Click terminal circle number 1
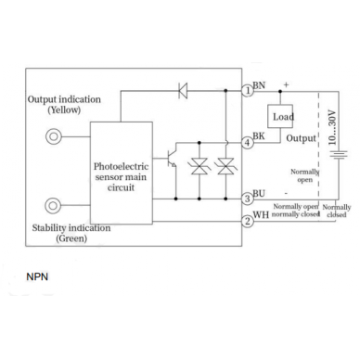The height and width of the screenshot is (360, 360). (248, 91)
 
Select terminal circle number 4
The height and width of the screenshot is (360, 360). (248, 143)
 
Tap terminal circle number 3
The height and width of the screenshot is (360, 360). (248, 199)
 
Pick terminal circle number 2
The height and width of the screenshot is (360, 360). (248, 222)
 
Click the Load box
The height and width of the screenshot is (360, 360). (280, 116)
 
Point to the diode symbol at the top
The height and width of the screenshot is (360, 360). (183, 91)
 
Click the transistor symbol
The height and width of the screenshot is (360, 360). (171, 159)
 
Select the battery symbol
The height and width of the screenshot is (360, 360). (339, 154)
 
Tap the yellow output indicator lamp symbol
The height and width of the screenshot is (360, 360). (54, 136)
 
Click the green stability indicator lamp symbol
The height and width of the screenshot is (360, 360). (53, 206)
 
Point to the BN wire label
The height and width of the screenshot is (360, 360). (259, 85)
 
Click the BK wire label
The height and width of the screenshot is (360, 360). (259, 135)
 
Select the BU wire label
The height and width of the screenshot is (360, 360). (259, 193)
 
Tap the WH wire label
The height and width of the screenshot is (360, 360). (261, 214)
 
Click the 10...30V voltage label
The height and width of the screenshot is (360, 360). (332, 127)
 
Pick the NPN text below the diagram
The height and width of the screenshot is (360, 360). (37, 276)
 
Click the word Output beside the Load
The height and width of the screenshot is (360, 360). (301, 138)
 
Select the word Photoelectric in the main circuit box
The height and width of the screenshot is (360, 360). (121, 166)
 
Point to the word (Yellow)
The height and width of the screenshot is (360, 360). (64, 109)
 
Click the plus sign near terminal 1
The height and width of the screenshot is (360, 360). (286, 84)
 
